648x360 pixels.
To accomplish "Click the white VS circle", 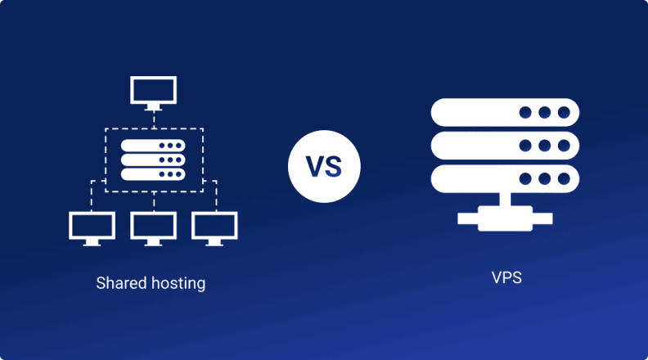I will point(324,166).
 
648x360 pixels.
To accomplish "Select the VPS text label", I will point(506,277).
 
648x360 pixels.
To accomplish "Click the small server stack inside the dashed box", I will point(153,159).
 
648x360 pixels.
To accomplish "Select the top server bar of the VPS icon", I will point(506,112).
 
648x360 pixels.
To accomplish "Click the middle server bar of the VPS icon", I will point(506,146).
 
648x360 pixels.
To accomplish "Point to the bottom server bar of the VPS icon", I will point(506,178).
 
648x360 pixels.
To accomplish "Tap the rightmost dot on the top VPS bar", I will point(564,112).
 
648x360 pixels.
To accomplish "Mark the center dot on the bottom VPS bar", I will point(545,178).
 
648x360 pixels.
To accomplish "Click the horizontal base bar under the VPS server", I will point(506,218).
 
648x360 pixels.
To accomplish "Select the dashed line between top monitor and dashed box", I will point(153,118).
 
